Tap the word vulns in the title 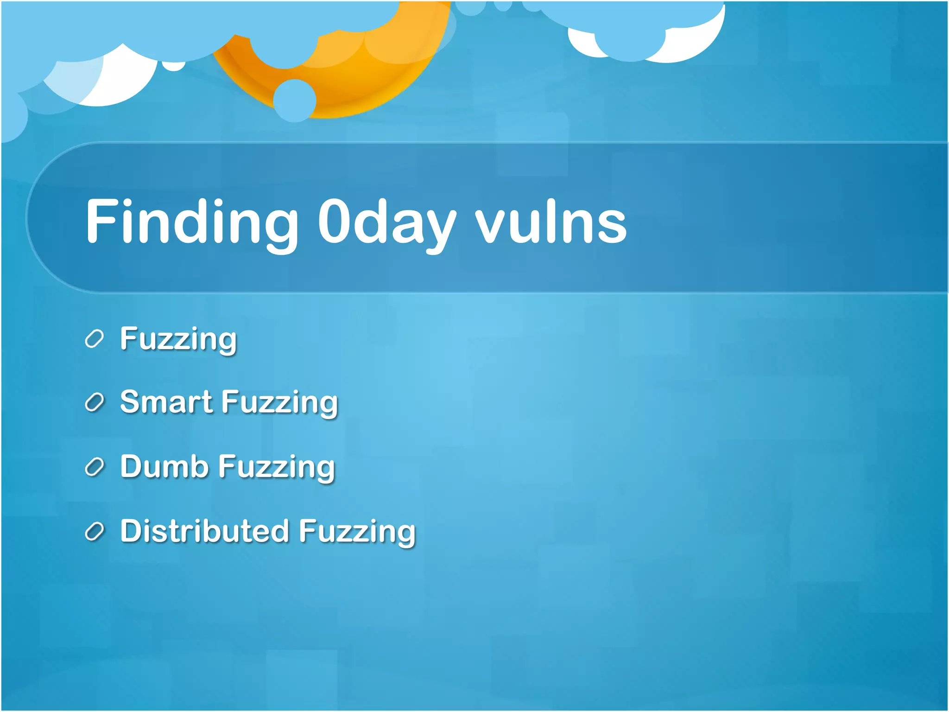[x=551, y=222]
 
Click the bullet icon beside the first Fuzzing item [x=95, y=339]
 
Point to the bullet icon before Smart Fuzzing [x=95, y=403]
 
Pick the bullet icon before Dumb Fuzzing [x=95, y=467]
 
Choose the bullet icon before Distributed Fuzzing [x=95, y=532]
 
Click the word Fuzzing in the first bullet [x=178, y=339]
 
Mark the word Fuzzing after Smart [x=280, y=403]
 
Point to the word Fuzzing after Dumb [x=277, y=467]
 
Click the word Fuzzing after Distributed [x=357, y=532]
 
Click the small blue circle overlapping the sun [x=295, y=101]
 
